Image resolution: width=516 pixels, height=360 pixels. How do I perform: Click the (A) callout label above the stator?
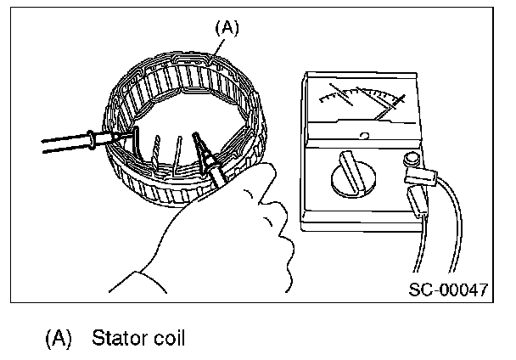pyautogui.click(x=228, y=27)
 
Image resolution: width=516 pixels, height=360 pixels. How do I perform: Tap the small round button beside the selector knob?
pyautogui.click(x=413, y=159)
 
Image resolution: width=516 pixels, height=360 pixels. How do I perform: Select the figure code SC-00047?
pyautogui.click(x=448, y=289)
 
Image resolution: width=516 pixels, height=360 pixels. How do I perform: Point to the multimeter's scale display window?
pyautogui.click(x=361, y=103)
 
